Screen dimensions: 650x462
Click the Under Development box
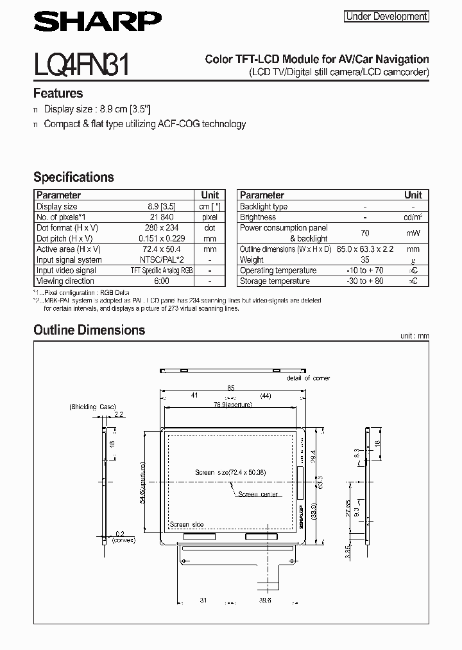pos(386,17)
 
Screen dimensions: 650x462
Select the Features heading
pos(58,93)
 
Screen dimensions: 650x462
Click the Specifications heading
pos(73,177)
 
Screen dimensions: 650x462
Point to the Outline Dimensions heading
pos(89,330)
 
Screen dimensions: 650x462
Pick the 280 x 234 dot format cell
pos(162,228)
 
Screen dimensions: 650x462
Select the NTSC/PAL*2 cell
pos(162,260)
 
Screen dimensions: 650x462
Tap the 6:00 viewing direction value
pos(162,281)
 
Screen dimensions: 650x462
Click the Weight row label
pos(252,260)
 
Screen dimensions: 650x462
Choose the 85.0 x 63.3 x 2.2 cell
pos(364,249)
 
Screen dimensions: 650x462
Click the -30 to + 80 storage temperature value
pos(364,281)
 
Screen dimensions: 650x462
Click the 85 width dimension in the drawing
pos(231,388)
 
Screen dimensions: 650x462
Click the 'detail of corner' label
pos(308,378)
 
